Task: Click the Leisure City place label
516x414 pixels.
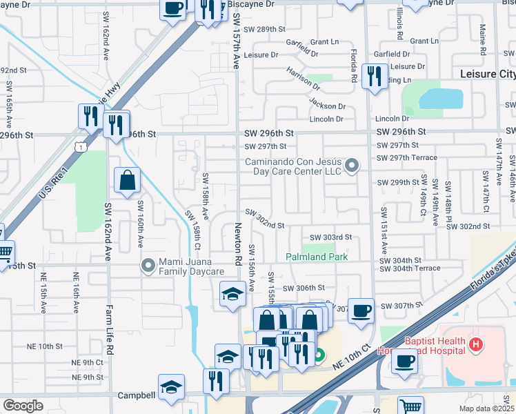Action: pos(487,73)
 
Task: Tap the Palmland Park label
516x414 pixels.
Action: pos(317,257)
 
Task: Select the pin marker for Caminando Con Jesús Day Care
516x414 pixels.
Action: pos(353,166)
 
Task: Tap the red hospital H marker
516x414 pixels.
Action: pos(475,344)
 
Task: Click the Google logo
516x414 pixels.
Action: pos(23,405)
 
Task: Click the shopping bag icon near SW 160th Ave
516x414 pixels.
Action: pos(128,181)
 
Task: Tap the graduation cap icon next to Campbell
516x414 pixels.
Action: pos(172,387)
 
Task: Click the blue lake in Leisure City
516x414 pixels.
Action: pos(441,99)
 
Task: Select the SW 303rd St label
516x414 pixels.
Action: pos(330,237)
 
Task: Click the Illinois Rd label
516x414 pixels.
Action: pos(400,23)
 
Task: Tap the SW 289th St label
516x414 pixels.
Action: pos(265,29)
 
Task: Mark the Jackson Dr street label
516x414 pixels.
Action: pos(327,106)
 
